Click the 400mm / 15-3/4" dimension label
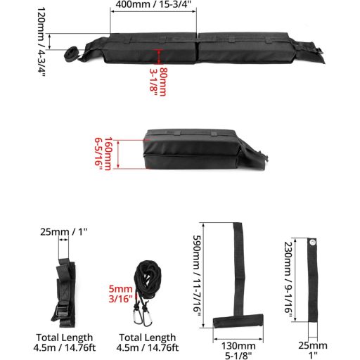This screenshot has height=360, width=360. pyautogui.click(x=153, y=4)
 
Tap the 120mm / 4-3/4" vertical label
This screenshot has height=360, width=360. pyautogui.click(x=41, y=42)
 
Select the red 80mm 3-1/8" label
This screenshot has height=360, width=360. pyautogui.click(x=158, y=82)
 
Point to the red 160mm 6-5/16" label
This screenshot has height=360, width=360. pyautogui.click(x=103, y=154)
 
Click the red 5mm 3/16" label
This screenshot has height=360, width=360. pyautogui.click(x=121, y=294)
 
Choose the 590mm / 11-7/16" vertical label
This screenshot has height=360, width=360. pyautogui.click(x=197, y=276)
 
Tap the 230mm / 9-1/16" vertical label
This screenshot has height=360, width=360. pyautogui.click(x=288, y=278)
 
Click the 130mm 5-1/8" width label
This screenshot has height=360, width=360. pyautogui.click(x=238, y=351)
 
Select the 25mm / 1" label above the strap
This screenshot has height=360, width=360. pyautogui.click(x=64, y=232)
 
